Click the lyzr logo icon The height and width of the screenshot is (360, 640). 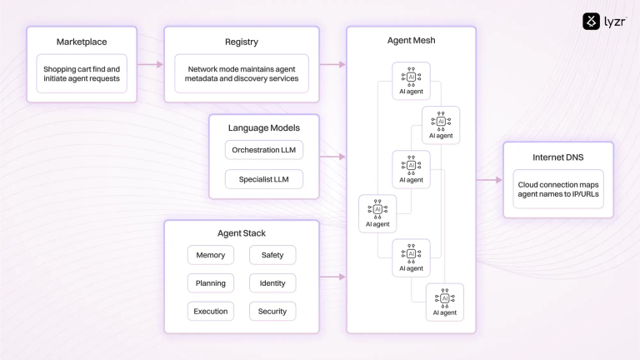tap(592, 21)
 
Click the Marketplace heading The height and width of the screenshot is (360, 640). tap(81, 42)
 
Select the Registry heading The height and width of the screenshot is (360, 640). tap(242, 42)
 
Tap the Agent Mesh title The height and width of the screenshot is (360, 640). tap(411, 40)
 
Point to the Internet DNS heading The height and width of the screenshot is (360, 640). tap(557, 157)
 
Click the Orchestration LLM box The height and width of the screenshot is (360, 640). tap(264, 150)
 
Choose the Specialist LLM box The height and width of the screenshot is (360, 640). tap(264, 178)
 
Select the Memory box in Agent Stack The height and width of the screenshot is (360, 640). tap(210, 255)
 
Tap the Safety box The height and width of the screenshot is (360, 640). tap(272, 255)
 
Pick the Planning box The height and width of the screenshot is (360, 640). tap(210, 283)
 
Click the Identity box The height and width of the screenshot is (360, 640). tap(272, 283)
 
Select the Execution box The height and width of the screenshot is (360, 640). tap(210, 312)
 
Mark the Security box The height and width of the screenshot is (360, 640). tap(272, 312)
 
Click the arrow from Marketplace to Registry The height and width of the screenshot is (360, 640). tap(150, 63)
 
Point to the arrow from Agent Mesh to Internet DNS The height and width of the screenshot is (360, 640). tap(489, 179)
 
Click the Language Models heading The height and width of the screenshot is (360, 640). tap(264, 127)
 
